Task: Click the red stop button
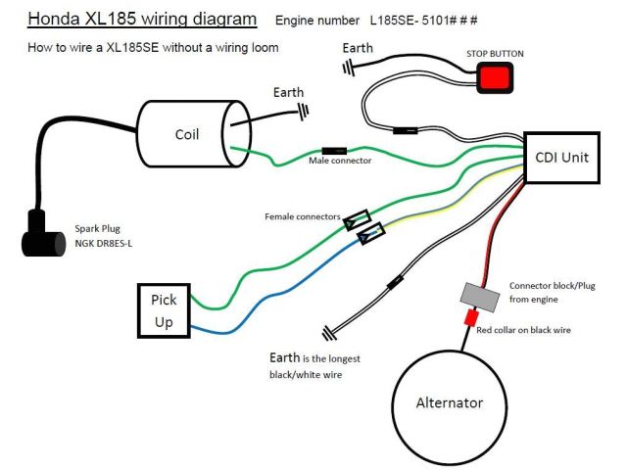495,78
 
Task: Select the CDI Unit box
562,157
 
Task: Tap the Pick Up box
165,309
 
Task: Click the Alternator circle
450,402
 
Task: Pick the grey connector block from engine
475,295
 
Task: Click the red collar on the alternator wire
471,317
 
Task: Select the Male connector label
340,161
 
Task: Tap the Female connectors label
302,215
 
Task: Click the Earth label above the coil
289,92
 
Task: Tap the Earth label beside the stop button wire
359,47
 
